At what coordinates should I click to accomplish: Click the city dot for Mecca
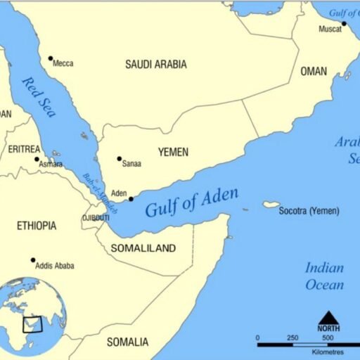click(50, 58)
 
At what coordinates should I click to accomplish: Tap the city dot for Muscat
click(344, 24)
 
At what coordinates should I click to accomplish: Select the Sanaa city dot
click(120, 159)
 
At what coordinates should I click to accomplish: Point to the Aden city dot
click(131, 199)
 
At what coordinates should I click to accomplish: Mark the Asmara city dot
click(37, 159)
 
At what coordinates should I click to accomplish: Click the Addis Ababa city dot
click(33, 260)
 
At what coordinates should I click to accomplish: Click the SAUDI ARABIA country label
click(156, 65)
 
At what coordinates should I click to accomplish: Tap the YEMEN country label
click(173, 152)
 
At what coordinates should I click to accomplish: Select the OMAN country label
click(314, 72)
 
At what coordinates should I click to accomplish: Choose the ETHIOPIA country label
click(37, 226)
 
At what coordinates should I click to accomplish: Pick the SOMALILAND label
click(143, 249)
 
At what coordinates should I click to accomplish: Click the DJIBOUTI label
click(96, 218)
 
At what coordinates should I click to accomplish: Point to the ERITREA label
click(25, 149)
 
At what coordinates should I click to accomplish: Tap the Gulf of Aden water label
click(191, 202)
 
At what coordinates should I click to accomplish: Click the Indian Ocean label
click(324, 276)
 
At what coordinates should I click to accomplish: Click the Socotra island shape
click(271, 205)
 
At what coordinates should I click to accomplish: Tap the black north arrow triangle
click(328, 317)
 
